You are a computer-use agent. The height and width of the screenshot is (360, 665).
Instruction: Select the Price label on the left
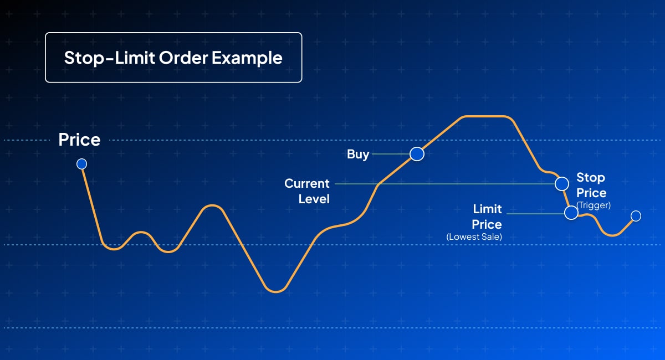[x=79, y=140]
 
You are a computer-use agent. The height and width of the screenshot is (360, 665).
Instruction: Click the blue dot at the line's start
[x=81, y=163]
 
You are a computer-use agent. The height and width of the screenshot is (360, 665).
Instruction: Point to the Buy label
[x=358, y=154]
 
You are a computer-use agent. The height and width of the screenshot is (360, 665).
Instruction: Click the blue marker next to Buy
[x=417, y=154]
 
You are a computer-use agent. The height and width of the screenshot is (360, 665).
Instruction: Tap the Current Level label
[x=308, y=191]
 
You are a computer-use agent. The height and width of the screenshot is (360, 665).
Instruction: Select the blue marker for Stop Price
[x=561, y=183]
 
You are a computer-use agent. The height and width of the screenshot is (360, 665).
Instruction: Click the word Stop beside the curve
[x=591, y=177]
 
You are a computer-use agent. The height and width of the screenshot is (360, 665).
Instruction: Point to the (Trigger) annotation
[x=593, y=205]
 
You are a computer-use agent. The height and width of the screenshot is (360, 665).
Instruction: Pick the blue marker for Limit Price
[x=571, y=213]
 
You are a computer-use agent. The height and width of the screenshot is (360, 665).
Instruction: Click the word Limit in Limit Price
[x=487, y=209]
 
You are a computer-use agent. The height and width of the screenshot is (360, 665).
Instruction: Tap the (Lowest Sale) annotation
[x=474, y=237]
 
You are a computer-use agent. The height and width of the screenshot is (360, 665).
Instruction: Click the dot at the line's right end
[x=636, y=215]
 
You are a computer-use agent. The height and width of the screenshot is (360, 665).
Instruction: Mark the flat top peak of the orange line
[x=485, y=116]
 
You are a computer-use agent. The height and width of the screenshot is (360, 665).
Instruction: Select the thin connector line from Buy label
[x=391, y=154]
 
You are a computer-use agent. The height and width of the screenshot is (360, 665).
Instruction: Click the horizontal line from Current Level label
[x=443, y=183]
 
